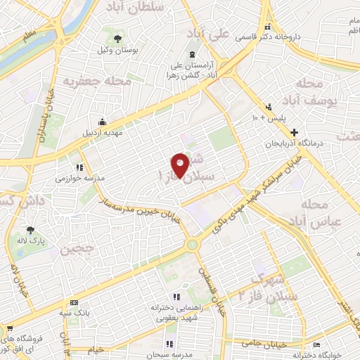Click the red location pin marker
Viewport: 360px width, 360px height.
tap(180, 164)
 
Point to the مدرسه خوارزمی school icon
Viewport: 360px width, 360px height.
tap(79, 167)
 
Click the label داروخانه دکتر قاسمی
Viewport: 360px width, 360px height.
tap(296, 36)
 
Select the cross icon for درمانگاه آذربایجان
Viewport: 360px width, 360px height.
tap(293, 131)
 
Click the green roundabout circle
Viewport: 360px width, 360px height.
tap(192, 245)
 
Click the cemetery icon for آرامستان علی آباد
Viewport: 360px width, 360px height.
tap(192, 56)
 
